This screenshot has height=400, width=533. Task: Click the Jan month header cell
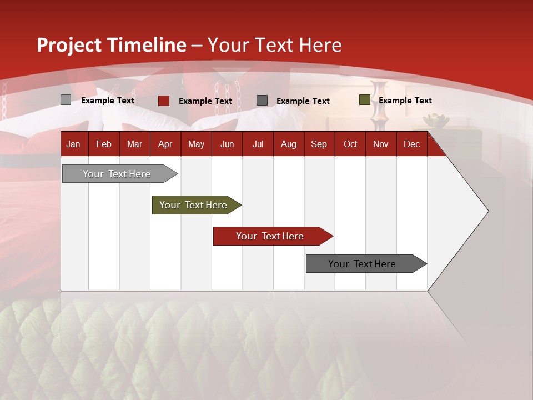pos(74,144)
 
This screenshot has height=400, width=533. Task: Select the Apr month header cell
pos(165,144)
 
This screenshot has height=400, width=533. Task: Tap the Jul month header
pos(258,144)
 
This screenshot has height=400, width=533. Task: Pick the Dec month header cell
pos(411,144)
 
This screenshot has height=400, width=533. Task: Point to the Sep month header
pos(319,144)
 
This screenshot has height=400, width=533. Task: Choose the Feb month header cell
pos(104,144)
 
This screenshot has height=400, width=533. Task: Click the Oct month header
pos(350,144)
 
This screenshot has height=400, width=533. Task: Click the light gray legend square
pos(66,100)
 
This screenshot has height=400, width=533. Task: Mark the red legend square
pos(164,101)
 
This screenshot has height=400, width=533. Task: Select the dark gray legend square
pos(262,101)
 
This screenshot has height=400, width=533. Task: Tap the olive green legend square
pos(364,100)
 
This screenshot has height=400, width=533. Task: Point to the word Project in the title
pos(69,45)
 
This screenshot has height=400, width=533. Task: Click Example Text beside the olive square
pos(405,101)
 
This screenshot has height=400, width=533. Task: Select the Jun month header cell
pos(227,144)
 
